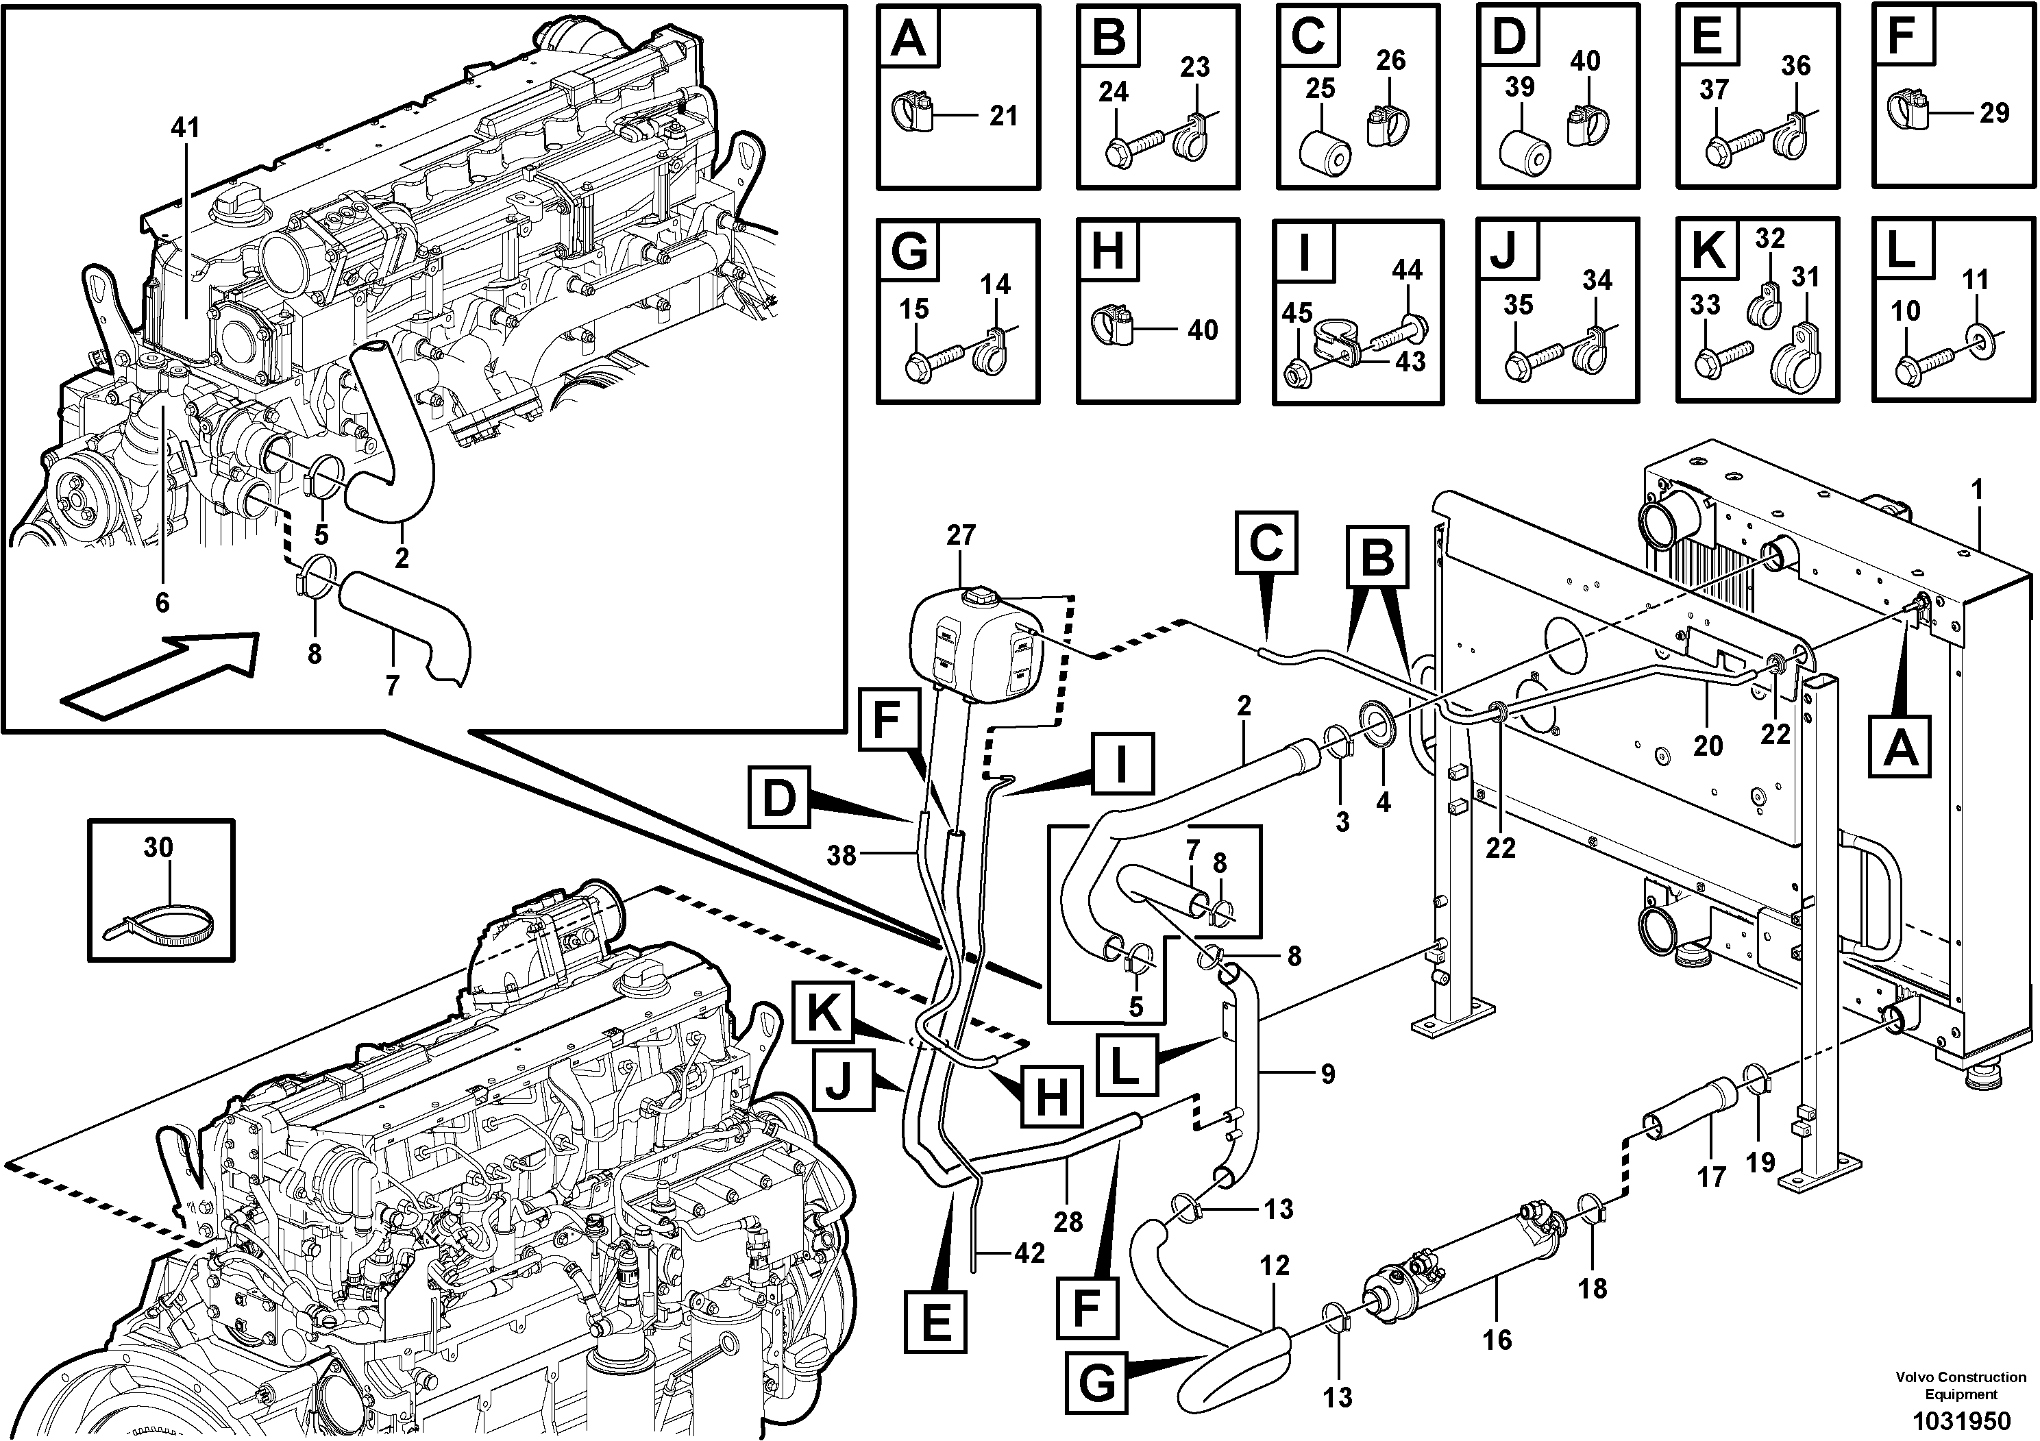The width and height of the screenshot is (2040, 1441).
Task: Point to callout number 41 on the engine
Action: pyautogui.click(x=185, y=128)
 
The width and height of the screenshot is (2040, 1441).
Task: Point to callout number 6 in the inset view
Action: pyautogui.click(x=162, y=602)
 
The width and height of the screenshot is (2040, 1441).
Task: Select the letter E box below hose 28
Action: pyautogui.click(x=935, y=1321)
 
